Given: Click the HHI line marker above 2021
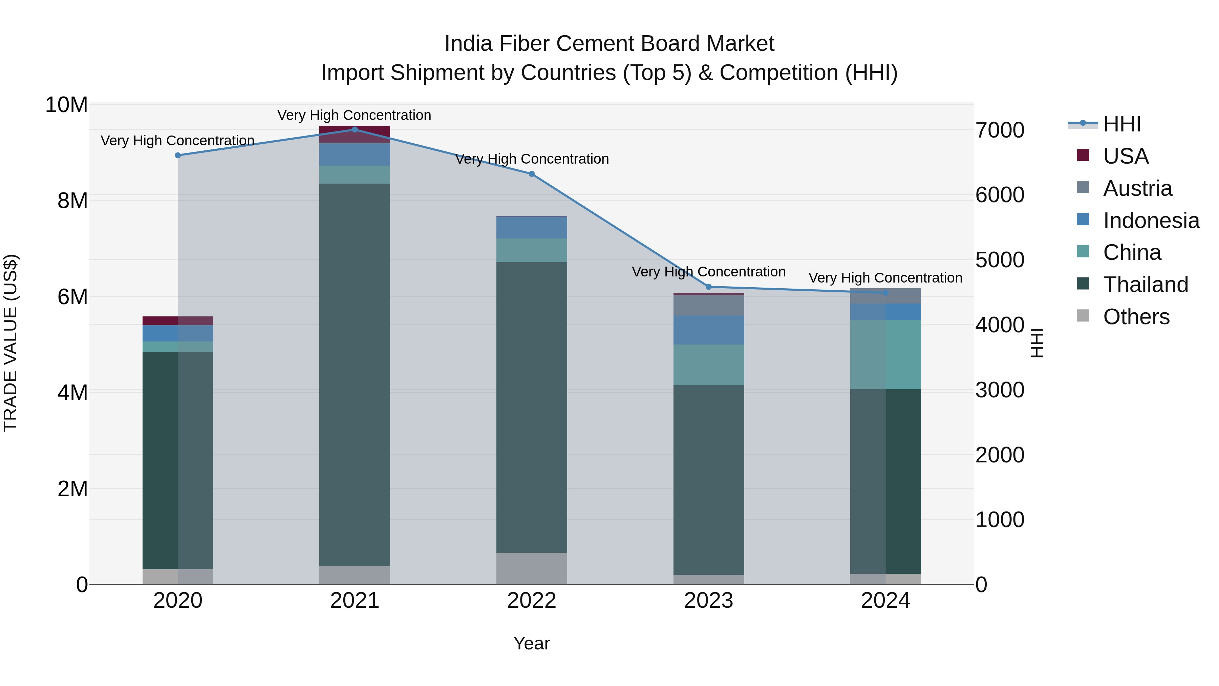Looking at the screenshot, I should click(355, 129).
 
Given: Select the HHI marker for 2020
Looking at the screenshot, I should click(178, 155).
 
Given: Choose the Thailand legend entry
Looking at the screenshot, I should click(1145, 285).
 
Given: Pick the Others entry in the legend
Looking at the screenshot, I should click(1136, 317).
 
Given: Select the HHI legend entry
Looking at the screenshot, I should click(1121, 124).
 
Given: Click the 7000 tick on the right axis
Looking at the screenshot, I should click(1000, 130).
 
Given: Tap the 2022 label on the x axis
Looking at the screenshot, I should click(531, 601).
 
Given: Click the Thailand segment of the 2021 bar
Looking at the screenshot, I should click(355, 374).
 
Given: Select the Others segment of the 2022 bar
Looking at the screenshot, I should click(531, 568).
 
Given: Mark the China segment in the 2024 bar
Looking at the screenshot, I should click(885, 354).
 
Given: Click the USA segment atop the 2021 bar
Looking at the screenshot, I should click(355, 134).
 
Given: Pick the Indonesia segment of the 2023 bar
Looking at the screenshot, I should click(708, 330).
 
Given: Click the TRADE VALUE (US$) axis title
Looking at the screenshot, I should click(10, 343).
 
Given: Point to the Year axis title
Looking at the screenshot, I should click(531, 643).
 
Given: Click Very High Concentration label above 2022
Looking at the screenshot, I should click(531, 159).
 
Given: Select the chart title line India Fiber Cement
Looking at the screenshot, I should click(609, 44).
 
